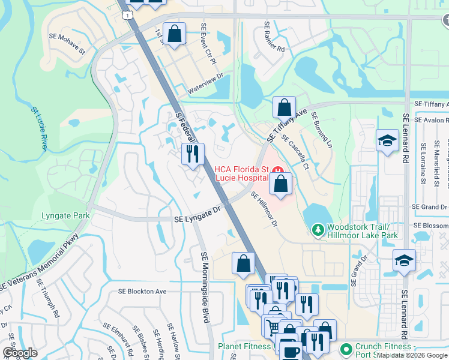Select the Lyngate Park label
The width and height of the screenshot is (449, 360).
[65, 215]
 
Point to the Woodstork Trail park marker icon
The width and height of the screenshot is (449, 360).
[318, 229]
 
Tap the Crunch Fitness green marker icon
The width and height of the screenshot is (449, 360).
[345, 348]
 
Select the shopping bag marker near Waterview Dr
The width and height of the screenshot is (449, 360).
[174, 35]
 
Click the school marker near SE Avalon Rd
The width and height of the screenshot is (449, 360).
[387, 142]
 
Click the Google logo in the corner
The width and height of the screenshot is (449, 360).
[20, 352]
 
